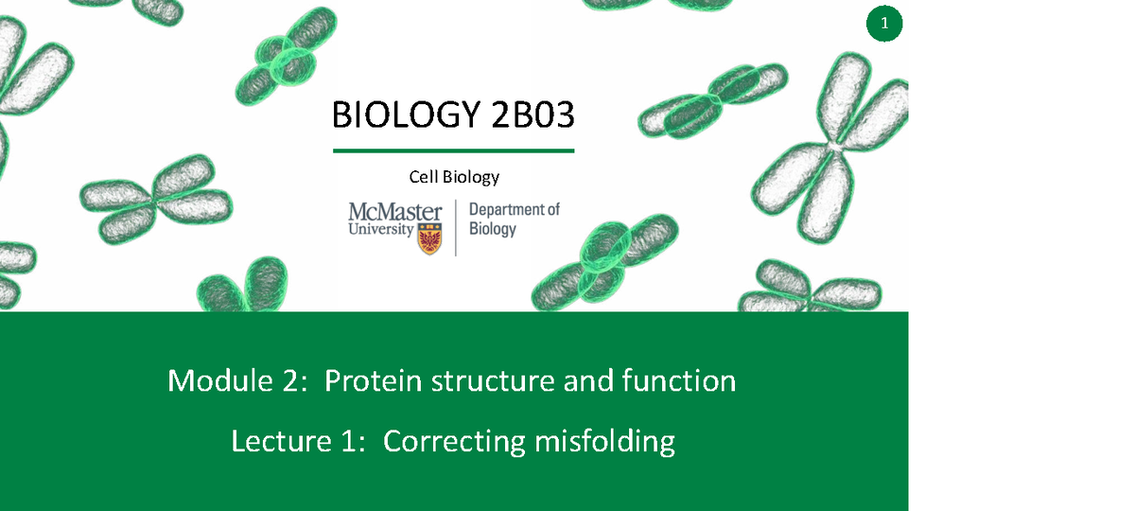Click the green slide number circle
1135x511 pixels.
pos(884,26)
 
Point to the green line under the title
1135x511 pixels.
pos(454,150)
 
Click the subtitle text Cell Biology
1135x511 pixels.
pos(454,177)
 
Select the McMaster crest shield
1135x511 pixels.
pos(431,238)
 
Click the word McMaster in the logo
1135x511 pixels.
pos(395,211)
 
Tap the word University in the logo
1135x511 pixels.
pos(380,229)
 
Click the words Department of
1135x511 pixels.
pos(515,209)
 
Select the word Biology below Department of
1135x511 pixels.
pos(493,229)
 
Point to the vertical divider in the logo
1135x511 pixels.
pos(456,227)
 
